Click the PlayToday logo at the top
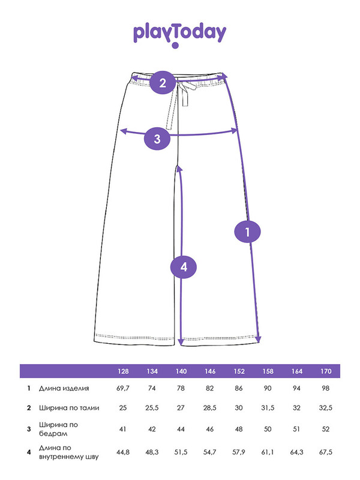[179, 35]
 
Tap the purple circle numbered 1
[247, 232]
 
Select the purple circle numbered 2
[163, 82]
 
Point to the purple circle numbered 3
[157, 139]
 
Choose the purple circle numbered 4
[184, 267]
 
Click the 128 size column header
[123, 371]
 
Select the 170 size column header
[326, 371]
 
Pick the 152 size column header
[239, 371]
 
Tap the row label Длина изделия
[64, 388]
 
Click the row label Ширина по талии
[69, 408]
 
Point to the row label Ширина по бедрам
[58, 429]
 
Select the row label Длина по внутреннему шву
[69, 452]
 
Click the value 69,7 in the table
[123, 388]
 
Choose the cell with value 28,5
[209, 408]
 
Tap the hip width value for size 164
[296, 429]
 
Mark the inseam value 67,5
[325, 452]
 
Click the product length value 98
[325, 388]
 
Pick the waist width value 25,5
[152, 408]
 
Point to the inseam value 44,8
[123, 452]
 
